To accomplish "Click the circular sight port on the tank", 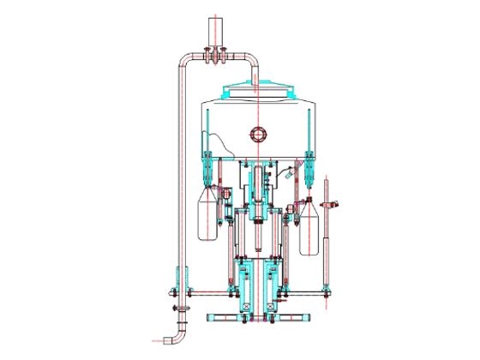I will (257, 134).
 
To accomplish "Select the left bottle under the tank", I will (208, 215).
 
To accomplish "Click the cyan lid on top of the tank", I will (257, 88).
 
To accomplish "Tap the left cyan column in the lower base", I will (245, 287).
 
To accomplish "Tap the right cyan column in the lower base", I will (271, 287).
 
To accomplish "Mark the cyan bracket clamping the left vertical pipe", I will (181, 279).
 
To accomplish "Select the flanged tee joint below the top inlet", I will (214, 57).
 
